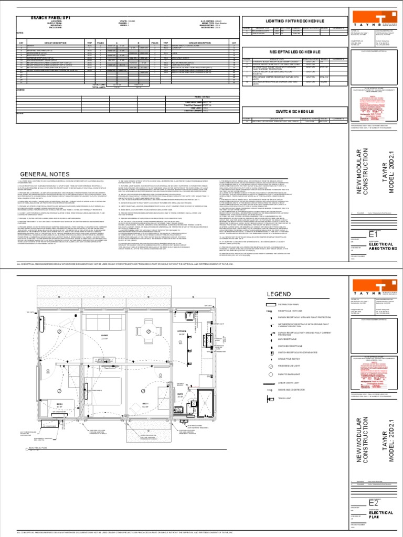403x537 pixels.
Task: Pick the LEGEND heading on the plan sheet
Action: [x=280, y=294]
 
